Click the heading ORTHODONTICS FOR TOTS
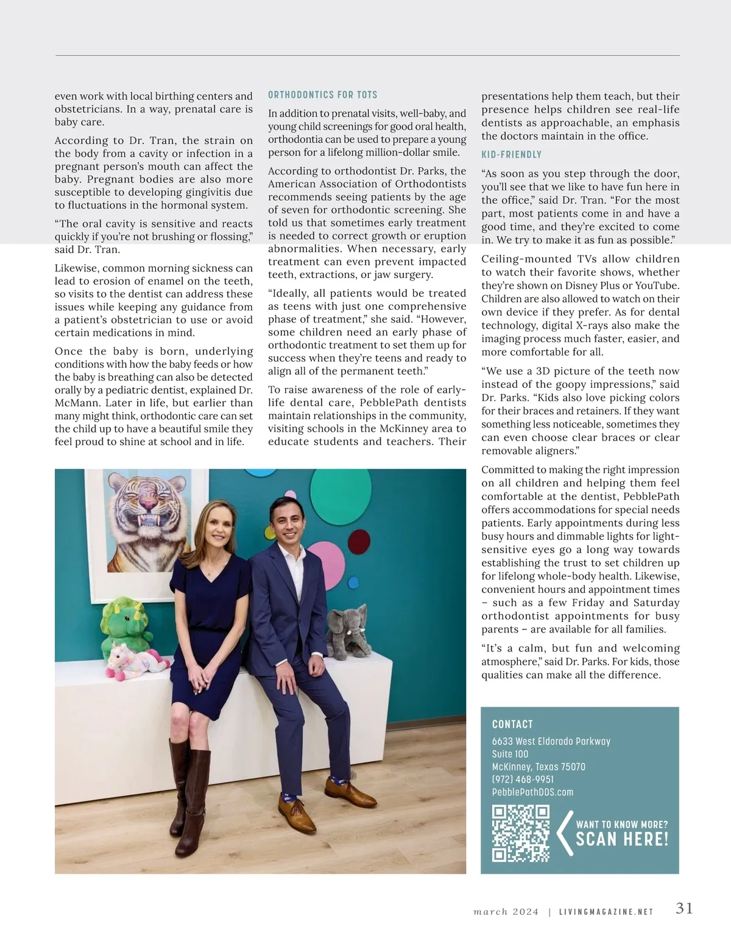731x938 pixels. (323, 95)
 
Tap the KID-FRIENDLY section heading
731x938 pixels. (511, 155)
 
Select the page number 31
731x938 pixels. (684, 908)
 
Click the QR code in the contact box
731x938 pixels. (521, 833)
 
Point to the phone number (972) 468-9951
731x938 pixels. (523, 779)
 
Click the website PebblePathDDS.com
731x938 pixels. (532, 792)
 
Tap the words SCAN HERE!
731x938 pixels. (622, 840)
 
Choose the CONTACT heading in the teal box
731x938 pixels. (512, 725)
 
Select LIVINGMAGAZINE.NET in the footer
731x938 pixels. (606, 912)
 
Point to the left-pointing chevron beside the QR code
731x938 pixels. (564, 833)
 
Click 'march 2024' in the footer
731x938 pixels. (506, 912)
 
